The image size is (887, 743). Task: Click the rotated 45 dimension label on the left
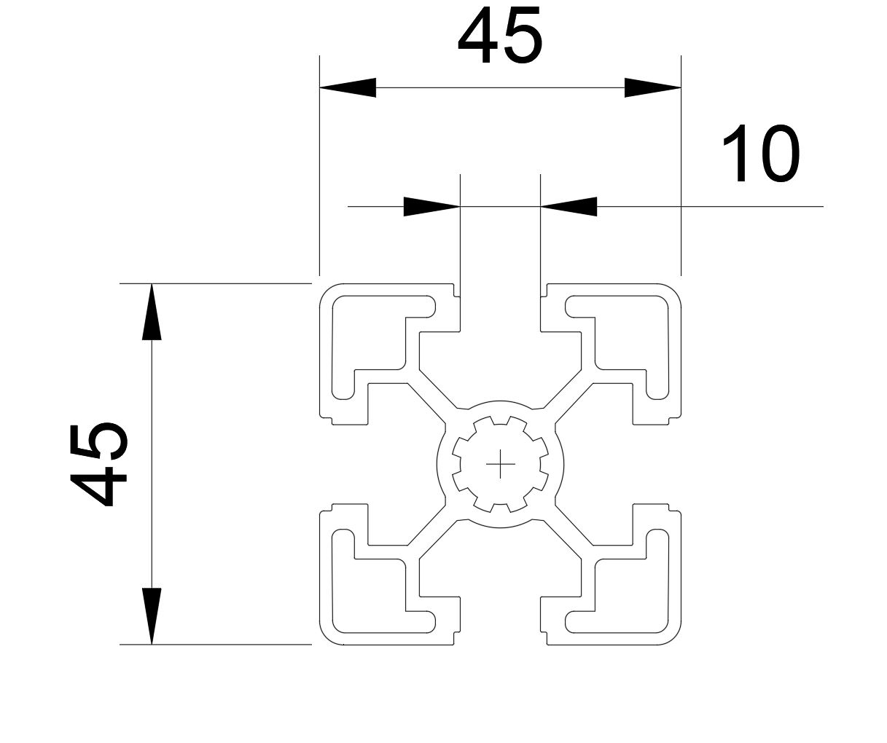tap(98, 464)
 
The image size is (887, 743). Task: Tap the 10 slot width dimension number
tap(761, 153)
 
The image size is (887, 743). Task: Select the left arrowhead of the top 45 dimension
tap(348, 87)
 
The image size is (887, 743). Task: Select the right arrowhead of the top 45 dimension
tap(653, 87)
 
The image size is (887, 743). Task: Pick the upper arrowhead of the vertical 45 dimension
tap(152, 312)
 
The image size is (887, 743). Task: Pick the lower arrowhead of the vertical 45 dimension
tap(152, 616)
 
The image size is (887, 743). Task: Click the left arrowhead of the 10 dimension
tap(431, 206)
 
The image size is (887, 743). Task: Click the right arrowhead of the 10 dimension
tap(568, 206)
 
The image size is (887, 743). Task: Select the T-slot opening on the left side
tap(391, 464)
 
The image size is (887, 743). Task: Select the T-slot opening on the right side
tap(610, 464)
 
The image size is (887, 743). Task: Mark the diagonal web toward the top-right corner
tap(568, 396)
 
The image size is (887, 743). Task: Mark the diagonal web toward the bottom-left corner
tap(432, 532)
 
